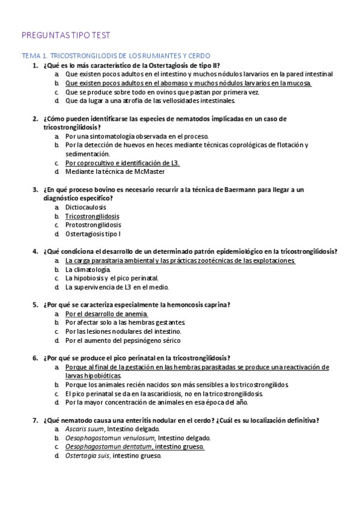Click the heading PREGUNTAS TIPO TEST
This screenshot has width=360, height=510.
point(66,36)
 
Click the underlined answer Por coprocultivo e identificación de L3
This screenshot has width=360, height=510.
point(123,163)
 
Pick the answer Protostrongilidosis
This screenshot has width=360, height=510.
point(93,225)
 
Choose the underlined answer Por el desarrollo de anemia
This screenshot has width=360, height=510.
point(106,314)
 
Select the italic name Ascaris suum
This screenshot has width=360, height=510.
point(85,429)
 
